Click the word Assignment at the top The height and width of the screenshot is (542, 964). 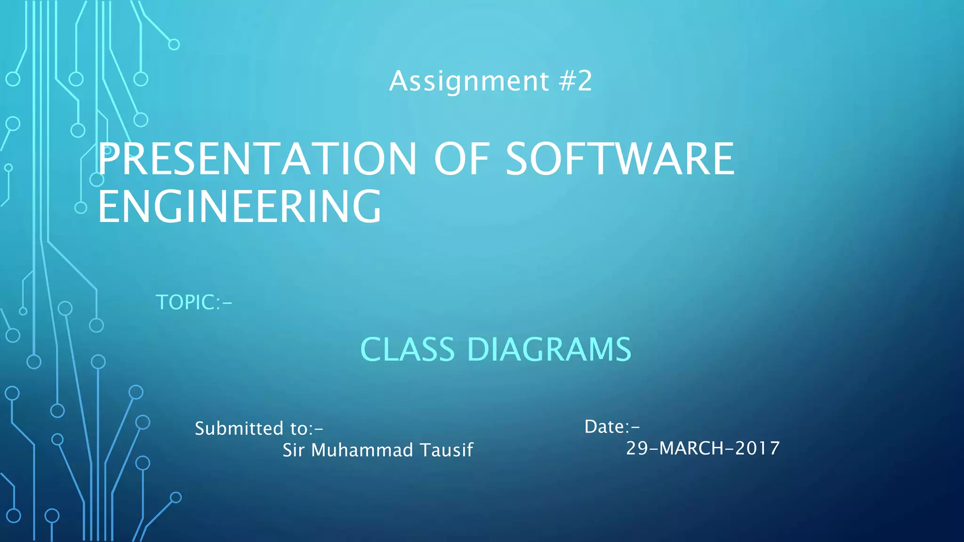469,81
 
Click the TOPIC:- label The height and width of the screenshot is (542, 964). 194,303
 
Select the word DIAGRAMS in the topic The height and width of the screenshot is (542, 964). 549,350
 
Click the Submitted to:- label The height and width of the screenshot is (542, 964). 259,429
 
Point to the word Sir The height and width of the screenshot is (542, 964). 293,450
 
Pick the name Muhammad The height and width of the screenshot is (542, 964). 362,450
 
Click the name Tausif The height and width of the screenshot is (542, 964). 446,450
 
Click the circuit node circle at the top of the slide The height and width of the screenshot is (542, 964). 174,45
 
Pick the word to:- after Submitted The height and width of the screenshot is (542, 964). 307,429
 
